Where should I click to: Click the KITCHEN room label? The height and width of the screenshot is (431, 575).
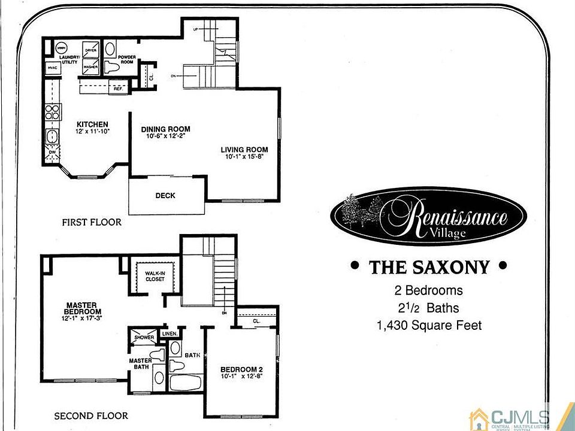92,124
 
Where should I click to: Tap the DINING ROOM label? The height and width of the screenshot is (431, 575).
165,129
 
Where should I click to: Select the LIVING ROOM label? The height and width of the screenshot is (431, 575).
244,150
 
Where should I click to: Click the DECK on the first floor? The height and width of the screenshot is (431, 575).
165,195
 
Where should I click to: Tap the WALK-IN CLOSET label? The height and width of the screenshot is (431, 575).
155,276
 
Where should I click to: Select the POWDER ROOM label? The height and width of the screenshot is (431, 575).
126,59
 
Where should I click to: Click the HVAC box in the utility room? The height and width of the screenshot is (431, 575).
52,68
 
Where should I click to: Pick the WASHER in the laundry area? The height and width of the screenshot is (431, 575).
90,67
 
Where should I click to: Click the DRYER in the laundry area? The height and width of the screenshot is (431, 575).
91,51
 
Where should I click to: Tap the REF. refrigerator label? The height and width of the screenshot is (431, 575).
118,89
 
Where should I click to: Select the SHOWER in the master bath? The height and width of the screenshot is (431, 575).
144,338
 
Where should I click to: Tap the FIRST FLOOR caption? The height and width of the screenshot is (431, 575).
92,222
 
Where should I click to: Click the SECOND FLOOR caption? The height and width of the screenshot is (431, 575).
91,415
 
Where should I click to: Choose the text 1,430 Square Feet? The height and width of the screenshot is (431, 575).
428,326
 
